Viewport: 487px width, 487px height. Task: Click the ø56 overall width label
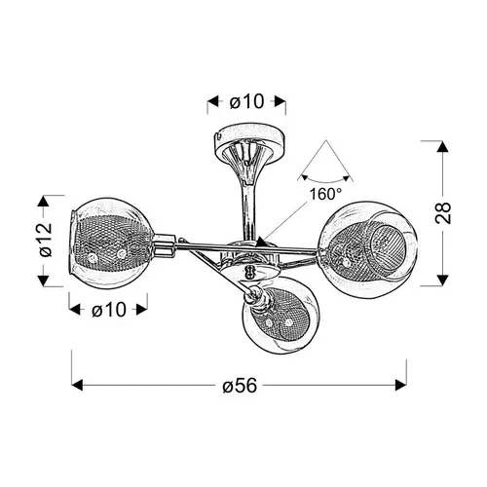tap(240, 386)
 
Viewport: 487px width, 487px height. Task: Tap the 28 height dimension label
tap(443, 213)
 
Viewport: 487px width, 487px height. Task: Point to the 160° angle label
tap(325, 194)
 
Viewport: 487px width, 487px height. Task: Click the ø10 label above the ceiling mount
tap(246, 101)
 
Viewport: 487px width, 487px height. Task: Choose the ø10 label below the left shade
tap(109, 310)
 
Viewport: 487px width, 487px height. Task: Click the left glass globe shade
tap(111, 243)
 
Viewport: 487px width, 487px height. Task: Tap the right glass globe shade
tap(367, 248)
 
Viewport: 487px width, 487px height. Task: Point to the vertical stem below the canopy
tap(249, 207)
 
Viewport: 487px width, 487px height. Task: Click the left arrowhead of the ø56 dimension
tap(77, 386)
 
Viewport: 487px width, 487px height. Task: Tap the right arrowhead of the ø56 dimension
tap(400, 386)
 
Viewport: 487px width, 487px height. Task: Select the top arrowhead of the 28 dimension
tap(442, 146)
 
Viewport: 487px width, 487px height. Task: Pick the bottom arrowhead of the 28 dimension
tap(442, 281)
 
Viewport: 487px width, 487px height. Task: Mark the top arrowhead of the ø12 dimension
tap(43, 202)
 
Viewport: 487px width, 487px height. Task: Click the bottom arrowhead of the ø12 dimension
tap(43, 281)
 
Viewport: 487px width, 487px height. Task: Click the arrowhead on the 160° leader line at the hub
tap(261, 243)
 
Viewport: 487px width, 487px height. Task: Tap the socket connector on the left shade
tap(164, 244)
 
